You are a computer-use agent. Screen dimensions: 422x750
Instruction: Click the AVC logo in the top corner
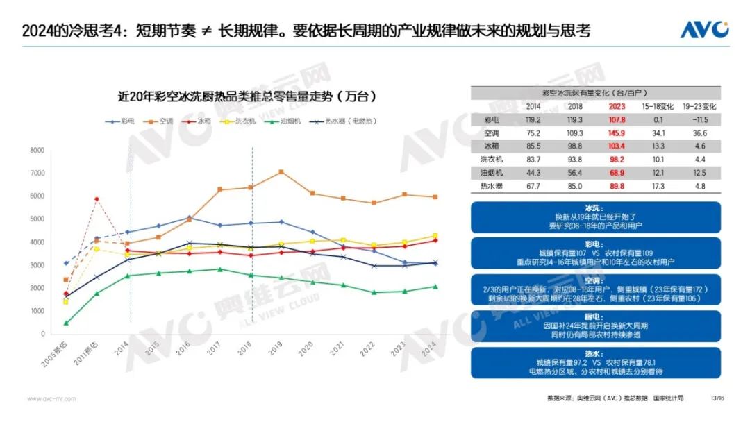[x=704, y=30]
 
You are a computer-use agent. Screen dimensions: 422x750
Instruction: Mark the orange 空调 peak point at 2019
[x=281, y=171]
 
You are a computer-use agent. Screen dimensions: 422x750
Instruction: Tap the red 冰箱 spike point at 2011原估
[x=97, y=199]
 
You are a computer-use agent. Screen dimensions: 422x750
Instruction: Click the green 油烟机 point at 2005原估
[x=66, y=323]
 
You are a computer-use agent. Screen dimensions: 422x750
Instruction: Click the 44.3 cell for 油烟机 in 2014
[x=533, y=172]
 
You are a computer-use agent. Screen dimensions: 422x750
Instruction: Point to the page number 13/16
[x=717, y=398]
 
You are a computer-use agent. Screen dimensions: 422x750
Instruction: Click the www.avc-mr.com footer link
[x=51, y=398]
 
